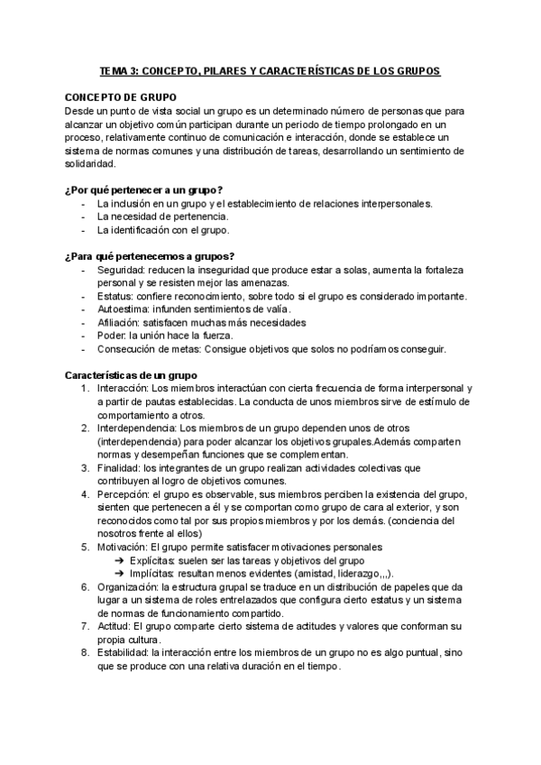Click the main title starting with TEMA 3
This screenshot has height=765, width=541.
tap(270, 70)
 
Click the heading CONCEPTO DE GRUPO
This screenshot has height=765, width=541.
tap(122, 97)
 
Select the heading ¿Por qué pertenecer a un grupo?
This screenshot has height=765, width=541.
tap(143, 189)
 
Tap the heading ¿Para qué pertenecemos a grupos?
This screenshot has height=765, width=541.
tap(150, 256)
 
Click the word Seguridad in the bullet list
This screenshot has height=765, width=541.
tap(119, 271)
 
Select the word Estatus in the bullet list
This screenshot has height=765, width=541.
tap(114, 297)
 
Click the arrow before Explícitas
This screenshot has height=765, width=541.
tap(119, 560)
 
